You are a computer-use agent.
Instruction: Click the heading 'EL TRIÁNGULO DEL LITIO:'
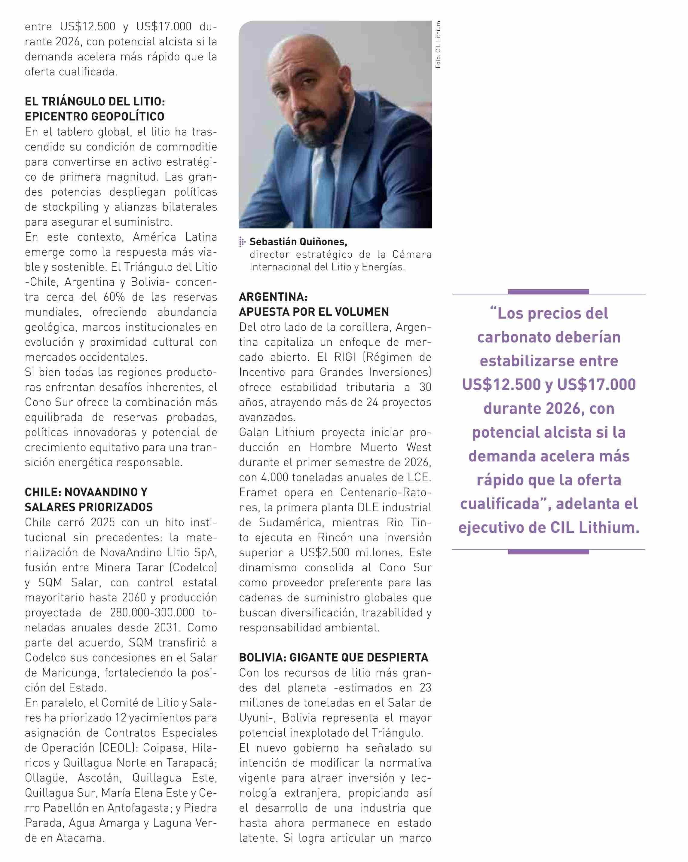tap(95, 102)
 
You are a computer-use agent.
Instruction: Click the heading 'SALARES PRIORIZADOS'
tap(89, 507)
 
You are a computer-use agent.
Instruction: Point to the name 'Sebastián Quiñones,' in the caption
tap(298, 242)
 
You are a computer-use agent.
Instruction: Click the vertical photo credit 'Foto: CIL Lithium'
tap(438, 45)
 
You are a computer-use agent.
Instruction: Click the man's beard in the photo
tap(320, 116)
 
